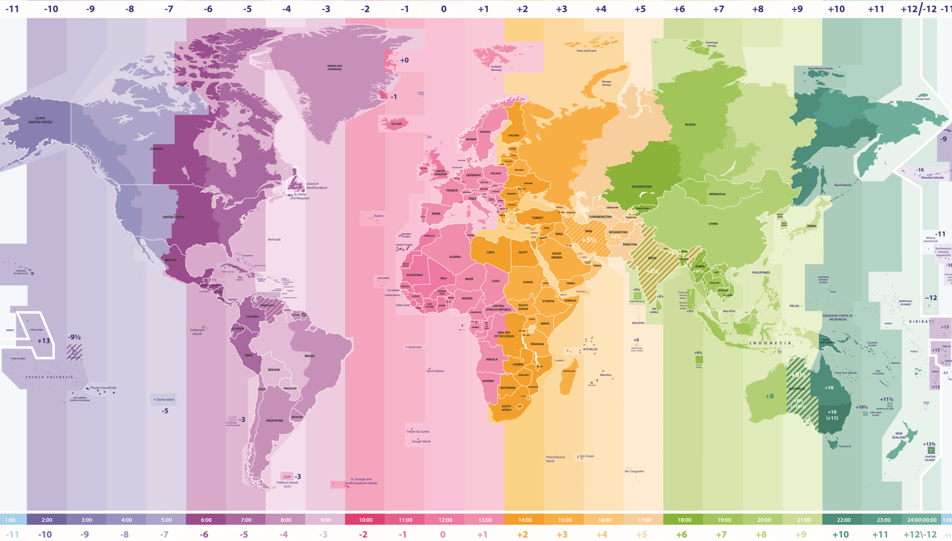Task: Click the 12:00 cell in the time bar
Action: coord(445,520)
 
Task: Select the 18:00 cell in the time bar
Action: coord(684,520)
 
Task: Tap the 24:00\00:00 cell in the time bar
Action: coord(922,520)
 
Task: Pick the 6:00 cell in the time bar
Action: coord(206,520)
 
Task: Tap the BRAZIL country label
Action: coord(309,356)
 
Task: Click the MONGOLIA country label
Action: coord(717,194)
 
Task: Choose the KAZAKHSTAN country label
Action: coord(641,187)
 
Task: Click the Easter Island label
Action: coord(165,400)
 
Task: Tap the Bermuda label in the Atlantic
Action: coord(274,240)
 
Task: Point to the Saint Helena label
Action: coord(434,371)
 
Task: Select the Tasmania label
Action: coord(845,447)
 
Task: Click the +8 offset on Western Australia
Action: coord(769,396)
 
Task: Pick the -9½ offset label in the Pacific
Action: coord(74,338)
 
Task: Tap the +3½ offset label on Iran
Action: coord(588,240)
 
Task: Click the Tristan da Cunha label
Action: coord(417,432)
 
